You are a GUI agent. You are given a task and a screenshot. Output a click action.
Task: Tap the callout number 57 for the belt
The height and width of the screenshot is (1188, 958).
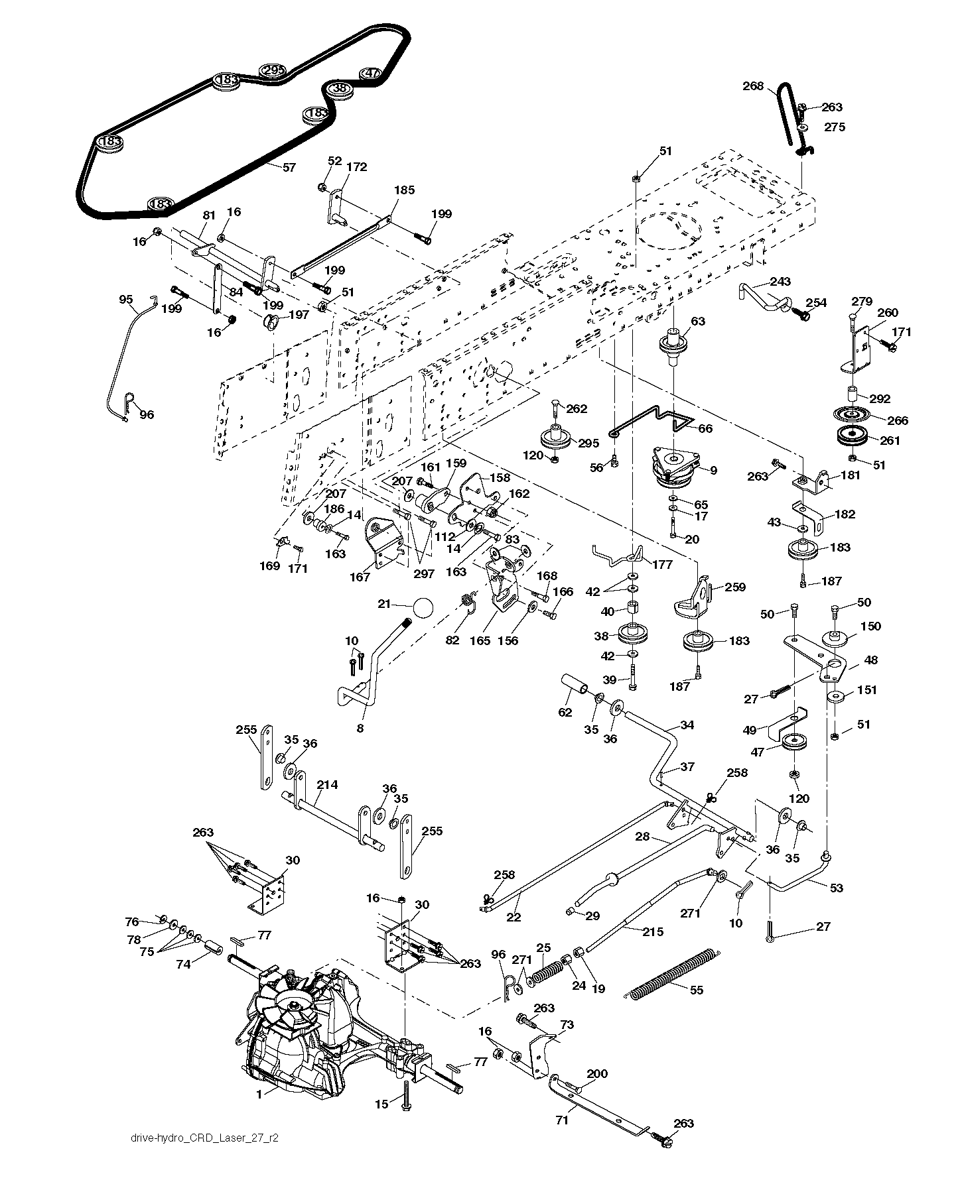(289, 167)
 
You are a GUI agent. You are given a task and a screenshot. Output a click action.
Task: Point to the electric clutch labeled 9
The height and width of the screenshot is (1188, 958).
(673, 466)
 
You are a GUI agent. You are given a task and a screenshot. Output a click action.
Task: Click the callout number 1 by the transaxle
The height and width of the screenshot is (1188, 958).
(259, 1095)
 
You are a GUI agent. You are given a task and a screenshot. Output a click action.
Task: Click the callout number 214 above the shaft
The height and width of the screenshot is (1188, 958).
(327, 785)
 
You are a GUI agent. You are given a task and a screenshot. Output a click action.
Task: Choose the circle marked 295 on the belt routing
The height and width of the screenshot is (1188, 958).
(272, 70)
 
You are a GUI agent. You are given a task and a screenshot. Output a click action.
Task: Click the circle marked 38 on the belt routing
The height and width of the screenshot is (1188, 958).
(338, 88)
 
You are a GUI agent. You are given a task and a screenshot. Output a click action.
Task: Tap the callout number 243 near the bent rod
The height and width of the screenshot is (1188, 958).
(780, 282)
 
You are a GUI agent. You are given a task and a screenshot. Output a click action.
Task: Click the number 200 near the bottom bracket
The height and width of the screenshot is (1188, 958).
(596, 1073)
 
